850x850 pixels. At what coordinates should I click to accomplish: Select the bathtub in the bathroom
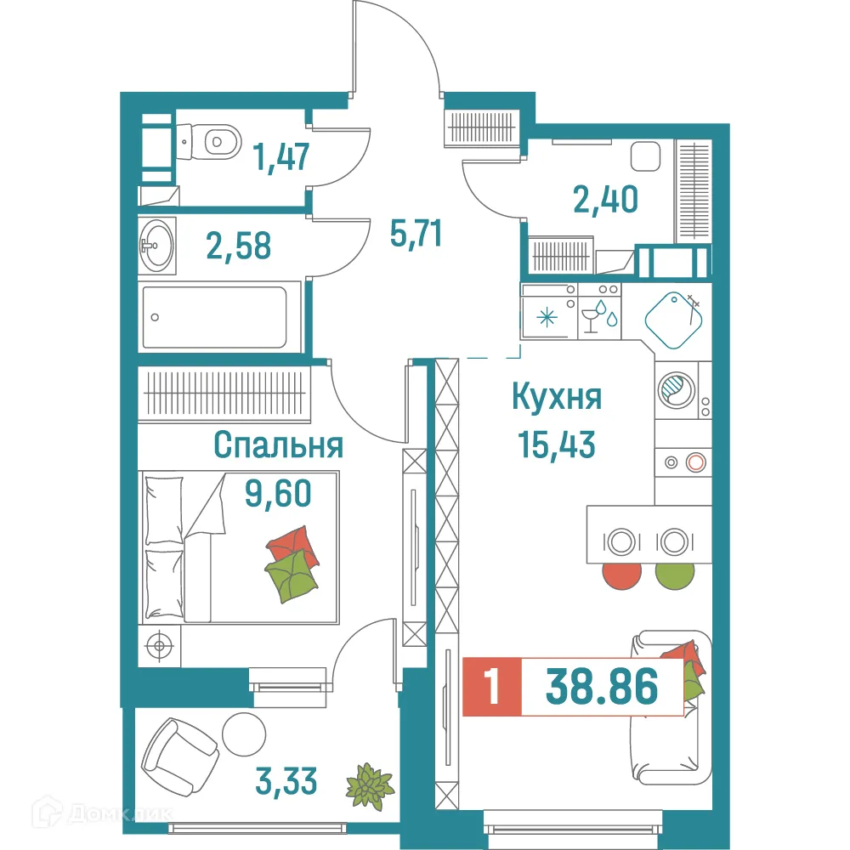pyautogui.click(x=215, y=317)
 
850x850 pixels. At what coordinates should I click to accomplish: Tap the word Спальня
pyautogui.click(x=278, y=445)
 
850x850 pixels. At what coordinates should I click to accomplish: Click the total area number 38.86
pyautogui.click(x=602, y=687)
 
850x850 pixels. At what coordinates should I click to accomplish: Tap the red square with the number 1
pyautogui.click(x=490, y=687)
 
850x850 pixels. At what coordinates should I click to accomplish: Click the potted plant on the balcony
pyautogui.click(x=369, y=784)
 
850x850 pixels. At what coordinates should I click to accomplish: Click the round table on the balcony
pyautogui.click(x=245, y=732)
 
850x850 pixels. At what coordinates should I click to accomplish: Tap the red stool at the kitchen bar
pyautogui.click(x=622, y=574)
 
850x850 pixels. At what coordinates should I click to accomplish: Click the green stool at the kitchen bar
pyautogui.click(x=676, y=574)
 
